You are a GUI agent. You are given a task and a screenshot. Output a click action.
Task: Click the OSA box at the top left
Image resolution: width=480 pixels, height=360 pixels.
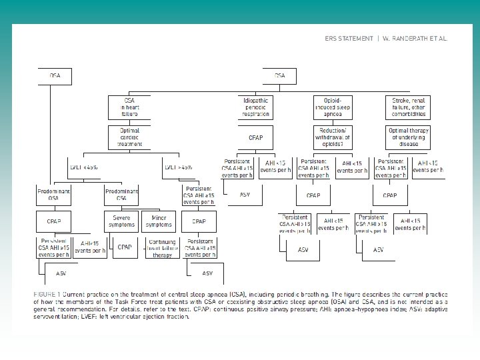(x=55, y=76)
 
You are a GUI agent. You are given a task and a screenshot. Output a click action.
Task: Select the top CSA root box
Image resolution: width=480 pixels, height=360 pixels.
(x=280, y=76)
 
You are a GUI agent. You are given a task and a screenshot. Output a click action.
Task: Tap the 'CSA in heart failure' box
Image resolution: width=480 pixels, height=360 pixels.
(x=129, y=107)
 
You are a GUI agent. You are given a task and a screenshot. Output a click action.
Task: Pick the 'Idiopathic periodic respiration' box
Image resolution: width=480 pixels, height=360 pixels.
(x=257, y=107)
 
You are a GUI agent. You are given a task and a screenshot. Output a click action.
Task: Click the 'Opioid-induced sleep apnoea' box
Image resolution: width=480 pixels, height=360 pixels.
(x=333, y=107)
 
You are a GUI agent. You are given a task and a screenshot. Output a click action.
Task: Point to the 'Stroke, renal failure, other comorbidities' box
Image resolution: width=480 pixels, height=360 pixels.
(x=407, y=107)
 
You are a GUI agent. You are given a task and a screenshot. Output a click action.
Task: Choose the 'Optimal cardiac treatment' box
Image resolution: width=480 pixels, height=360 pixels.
(x=129, y=137)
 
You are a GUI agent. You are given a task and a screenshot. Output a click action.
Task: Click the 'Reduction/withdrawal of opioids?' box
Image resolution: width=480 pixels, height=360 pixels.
(x=333, y=137)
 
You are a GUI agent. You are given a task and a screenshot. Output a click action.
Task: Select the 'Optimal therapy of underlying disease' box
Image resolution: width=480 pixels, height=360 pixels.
(x=407, y=137)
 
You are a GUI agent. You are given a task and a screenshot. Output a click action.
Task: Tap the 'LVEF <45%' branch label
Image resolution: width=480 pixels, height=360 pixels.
(x=84, y=167)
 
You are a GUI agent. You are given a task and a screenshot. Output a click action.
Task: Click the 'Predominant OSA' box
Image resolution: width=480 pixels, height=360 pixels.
(x=55, y=195)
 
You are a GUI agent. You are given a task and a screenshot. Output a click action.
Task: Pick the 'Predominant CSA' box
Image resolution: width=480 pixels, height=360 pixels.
(x=122, y=195)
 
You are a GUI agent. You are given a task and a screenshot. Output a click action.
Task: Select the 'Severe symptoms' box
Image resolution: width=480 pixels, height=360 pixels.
(x=122, y=221)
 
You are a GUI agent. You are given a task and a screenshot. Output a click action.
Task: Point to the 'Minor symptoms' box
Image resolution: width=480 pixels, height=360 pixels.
(x=159, y=221)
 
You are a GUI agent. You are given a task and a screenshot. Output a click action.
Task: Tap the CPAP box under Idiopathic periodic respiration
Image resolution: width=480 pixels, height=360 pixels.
(x=257, y=137)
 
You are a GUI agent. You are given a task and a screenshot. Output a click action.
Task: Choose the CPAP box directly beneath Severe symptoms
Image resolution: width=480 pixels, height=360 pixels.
(x=125, y=247)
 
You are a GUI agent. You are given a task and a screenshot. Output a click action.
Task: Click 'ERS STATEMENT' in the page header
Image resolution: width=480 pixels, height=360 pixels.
(x=348, y=39)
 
